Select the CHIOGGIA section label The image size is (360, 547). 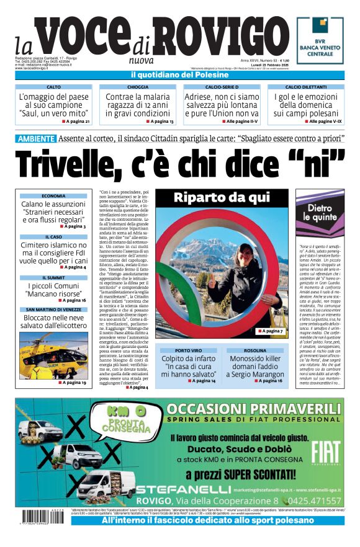coord(138,87)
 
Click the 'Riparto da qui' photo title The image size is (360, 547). coord(222,198)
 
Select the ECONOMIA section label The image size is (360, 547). coord(53,196)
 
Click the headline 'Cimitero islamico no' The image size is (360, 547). coord(53,246)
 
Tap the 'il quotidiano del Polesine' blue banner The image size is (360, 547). coord(179,75)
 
